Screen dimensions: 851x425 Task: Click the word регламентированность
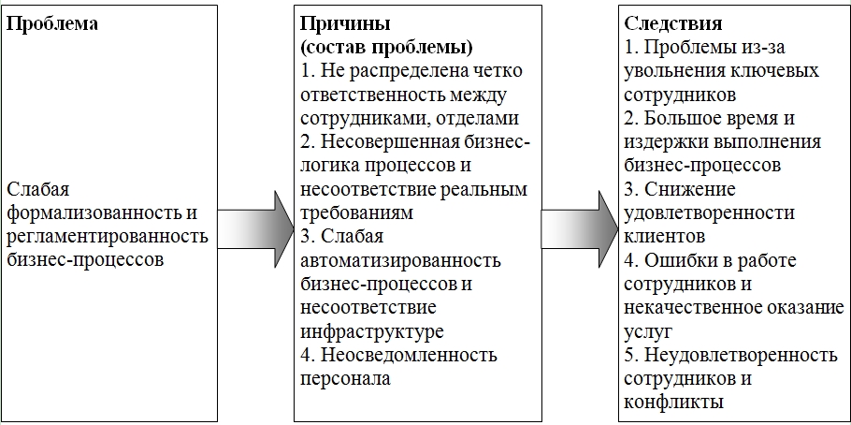107,236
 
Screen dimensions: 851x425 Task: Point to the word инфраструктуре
371,330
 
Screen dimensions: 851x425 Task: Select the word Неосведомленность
410,355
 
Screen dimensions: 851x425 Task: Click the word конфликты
671,402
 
